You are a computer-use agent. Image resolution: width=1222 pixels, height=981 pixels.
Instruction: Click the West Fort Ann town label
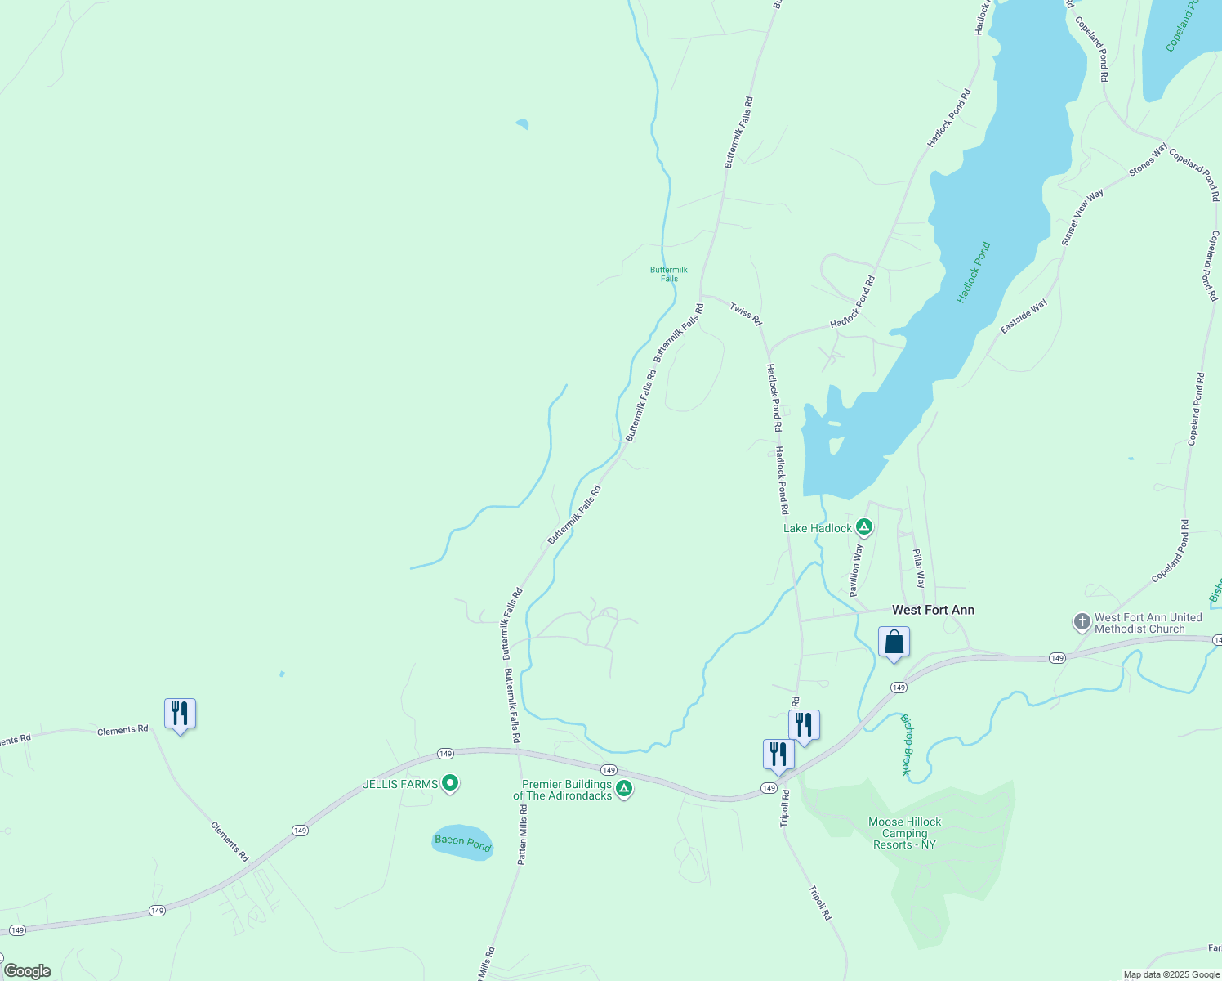tap(933, 610)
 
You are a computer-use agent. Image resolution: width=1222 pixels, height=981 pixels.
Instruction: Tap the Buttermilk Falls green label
tap(669, 274)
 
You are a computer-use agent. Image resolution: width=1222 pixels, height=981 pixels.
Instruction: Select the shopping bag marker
tap(894, 642)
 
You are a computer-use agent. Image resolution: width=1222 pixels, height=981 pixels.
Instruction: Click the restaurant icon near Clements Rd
tap(180, 714)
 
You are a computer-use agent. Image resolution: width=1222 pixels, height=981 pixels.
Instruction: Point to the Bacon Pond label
tap(462, 842)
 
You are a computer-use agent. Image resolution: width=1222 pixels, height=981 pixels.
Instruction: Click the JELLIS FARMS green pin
tap(450, 784)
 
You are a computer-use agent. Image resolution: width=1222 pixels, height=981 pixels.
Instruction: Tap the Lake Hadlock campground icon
tap(864, 527)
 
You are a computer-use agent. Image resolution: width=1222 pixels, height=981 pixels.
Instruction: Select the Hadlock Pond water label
tap(974, 272)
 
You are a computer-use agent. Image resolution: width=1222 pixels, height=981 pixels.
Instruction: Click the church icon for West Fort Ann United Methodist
tap(1082, 623)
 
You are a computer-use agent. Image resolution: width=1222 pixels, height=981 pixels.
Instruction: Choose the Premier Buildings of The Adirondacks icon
tap(624, 789)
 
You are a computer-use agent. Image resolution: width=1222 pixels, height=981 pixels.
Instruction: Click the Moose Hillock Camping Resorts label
tap(904, 833)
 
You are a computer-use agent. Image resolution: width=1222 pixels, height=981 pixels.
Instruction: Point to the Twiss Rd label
tap(746, 313)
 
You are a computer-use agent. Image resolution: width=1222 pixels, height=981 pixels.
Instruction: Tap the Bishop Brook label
tap(905, 744)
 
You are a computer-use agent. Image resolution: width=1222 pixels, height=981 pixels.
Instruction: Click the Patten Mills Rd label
tap(523, 834)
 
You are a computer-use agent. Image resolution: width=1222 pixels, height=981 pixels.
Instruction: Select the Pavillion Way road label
tap(855, 571)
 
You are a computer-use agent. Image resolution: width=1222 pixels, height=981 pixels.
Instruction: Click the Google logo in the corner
tap(27, 971)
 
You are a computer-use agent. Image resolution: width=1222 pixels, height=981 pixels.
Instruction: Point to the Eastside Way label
tap(1024, 316)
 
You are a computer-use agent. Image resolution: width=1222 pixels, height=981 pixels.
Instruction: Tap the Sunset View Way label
tap(1082, 217)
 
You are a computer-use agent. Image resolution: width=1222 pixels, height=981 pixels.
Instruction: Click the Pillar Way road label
tap(919, 568)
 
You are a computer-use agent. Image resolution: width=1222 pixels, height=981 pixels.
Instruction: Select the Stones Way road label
tap(1148, 160)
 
